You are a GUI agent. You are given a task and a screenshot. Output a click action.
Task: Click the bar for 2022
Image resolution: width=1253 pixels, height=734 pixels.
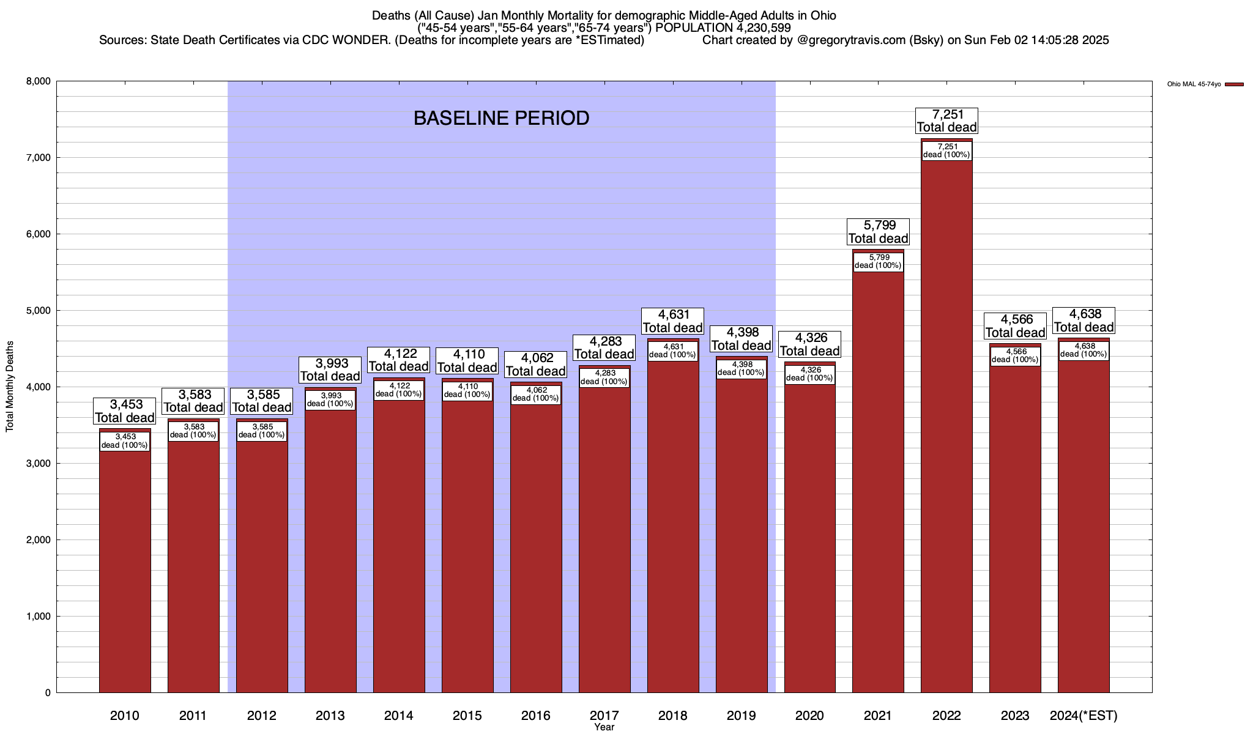coord(946,428)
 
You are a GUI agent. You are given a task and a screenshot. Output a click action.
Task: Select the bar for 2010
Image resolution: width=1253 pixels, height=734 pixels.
coord(125,569)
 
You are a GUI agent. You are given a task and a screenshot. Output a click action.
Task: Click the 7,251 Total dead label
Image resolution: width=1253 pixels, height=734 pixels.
coord(946,120)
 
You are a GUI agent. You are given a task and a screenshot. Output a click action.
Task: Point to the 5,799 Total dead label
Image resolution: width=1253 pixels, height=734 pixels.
coord(878,232)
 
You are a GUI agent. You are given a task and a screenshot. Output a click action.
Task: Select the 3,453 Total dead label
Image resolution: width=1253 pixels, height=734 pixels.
coord(125,411)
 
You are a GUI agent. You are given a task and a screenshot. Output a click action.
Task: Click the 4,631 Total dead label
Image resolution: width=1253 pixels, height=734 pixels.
coord(673,321)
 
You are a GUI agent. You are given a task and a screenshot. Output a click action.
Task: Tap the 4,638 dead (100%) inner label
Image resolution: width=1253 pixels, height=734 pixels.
coord(1084,350)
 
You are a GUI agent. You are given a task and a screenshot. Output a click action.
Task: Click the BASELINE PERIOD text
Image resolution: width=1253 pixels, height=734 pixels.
coord(501,118)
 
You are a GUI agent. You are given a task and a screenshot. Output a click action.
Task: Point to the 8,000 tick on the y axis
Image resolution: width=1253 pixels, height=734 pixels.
coord(39,81)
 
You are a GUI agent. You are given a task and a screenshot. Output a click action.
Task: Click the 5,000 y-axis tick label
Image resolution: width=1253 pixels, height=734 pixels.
coord(39,311)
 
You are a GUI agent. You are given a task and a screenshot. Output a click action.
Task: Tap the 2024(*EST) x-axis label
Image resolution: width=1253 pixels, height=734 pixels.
coord(1084,716)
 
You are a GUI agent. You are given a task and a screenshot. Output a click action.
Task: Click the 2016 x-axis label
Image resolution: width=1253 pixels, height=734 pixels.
coord(536,716)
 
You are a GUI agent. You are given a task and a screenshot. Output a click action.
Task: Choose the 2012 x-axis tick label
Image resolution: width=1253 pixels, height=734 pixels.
coord(262,716)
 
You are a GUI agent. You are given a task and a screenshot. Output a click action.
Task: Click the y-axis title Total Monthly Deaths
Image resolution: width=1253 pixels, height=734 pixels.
coord(10,387)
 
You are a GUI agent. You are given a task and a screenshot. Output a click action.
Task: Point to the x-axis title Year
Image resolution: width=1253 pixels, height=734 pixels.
coord(604,727)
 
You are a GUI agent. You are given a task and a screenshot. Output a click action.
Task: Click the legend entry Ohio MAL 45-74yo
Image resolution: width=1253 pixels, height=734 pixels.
coord(1194,84)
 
